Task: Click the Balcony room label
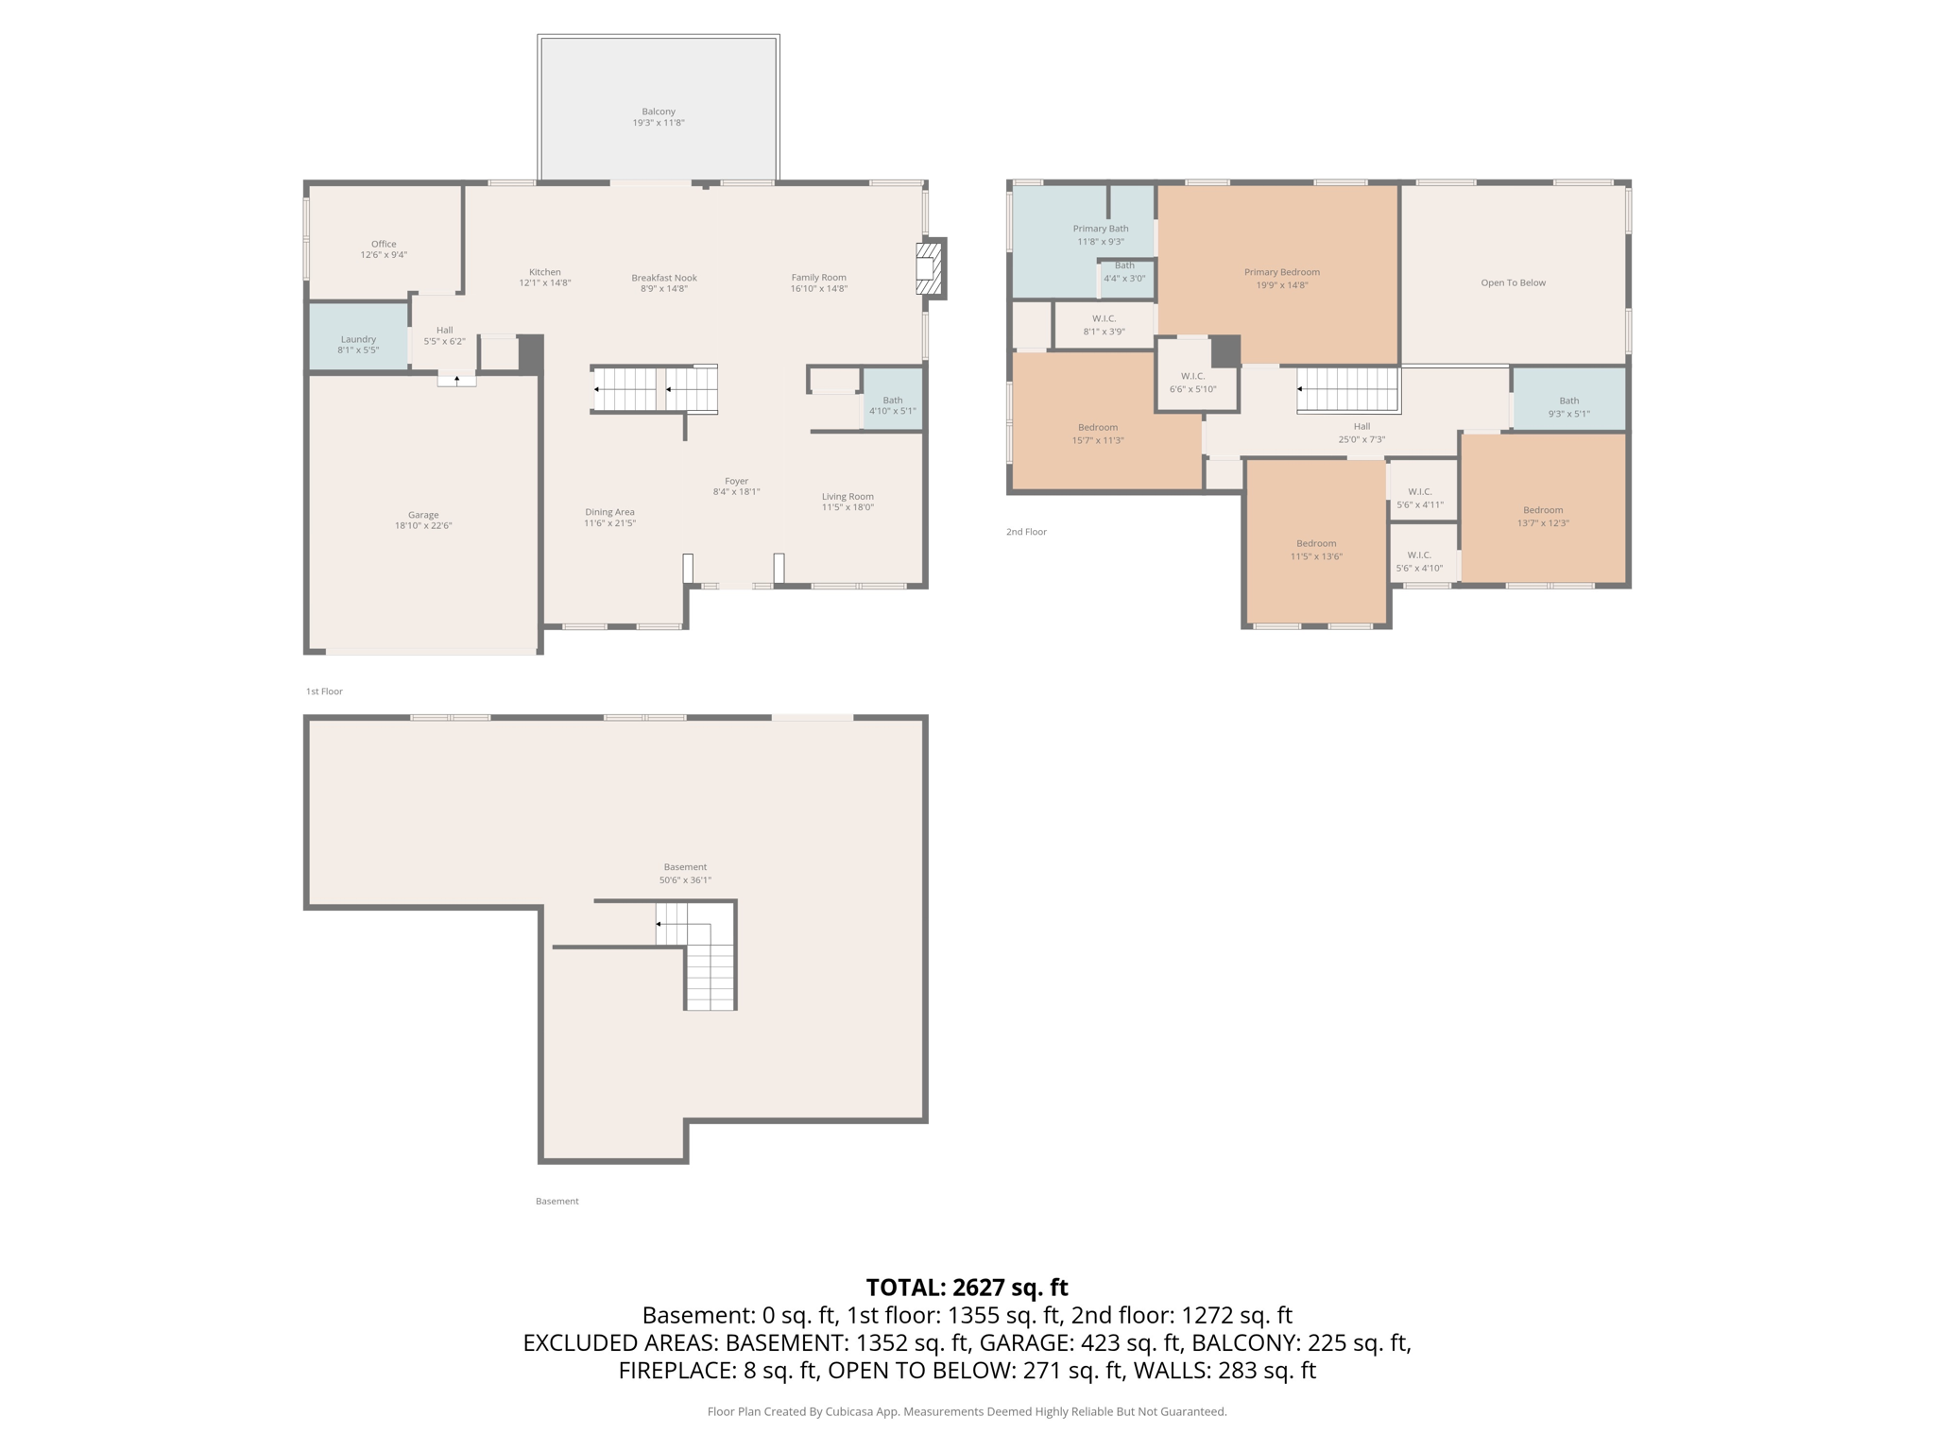(x=659, y=111)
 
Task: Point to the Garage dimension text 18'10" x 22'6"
(x=423, y=526)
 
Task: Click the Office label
(x=384, y=244)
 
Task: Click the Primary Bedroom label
(x=1281, y=272)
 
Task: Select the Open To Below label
(x=1513, y=282)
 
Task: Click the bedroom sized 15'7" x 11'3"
(x=1098, y=434)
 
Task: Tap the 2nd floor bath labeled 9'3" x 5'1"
(x=1568, y=406)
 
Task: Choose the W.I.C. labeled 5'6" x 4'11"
(x=1419, y=498)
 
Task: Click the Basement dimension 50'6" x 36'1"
(x=685, y=880)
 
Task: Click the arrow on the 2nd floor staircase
(x=1301, y=389)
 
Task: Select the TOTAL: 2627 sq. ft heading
(x=967, y=1288)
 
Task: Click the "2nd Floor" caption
(x=1026, y=532)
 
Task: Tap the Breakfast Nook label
(x=664, y=278)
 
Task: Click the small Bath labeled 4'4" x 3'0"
(x=1124, y=272)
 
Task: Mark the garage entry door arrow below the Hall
(x=457, y=380)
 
